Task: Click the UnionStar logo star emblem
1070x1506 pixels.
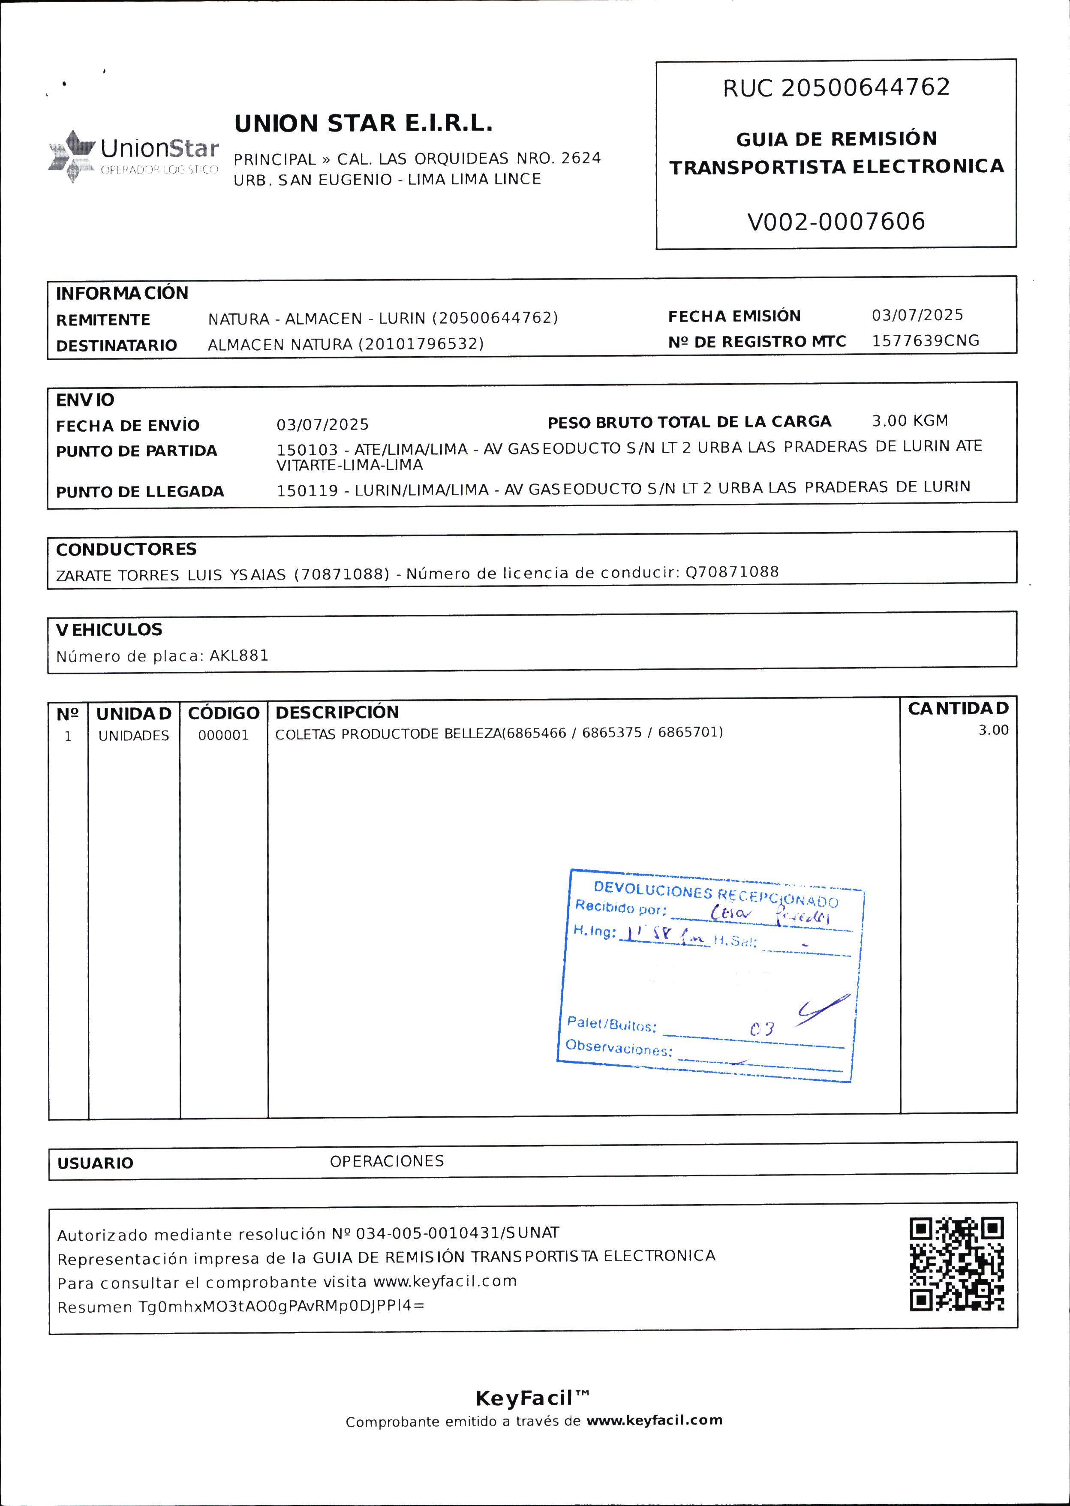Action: [71, 156]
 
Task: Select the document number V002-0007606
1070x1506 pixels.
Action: [836, 221]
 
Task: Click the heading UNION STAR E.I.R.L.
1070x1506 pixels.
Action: [363, 124]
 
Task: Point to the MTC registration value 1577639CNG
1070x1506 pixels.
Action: [925, 340]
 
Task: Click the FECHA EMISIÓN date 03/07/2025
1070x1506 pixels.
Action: [917, 315]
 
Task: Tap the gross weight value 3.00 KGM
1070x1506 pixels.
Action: [910, 421]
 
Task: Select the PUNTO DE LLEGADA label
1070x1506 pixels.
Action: [140, 491]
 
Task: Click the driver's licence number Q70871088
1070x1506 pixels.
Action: [732, 572]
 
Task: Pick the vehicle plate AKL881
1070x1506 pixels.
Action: [239, 655]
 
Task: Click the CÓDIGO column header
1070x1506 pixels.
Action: [223, 713]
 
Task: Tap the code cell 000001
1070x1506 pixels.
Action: [223, 735]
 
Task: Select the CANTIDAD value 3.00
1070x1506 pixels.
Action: [993, 730]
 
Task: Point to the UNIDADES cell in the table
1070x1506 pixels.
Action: [134, 736]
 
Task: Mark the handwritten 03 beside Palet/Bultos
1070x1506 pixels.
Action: [762, 1029]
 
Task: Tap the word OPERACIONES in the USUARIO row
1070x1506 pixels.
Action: [387, 1161]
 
